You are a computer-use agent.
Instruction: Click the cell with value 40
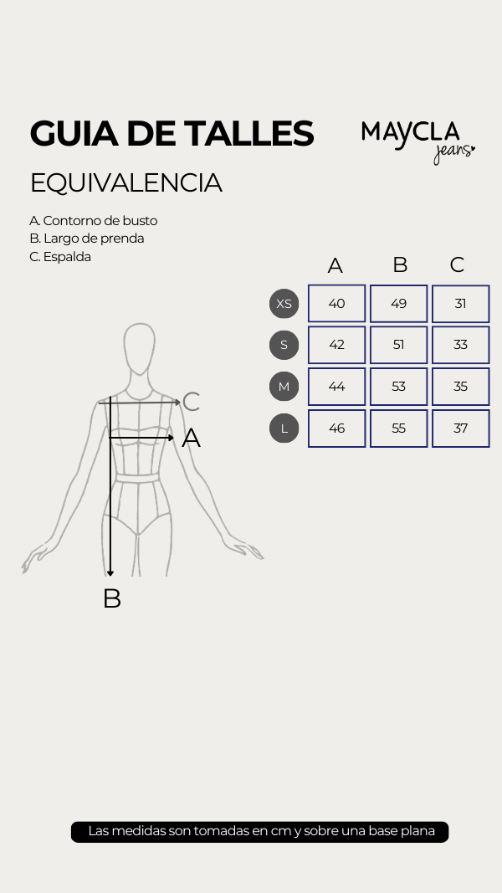pyautogui.click(x=336, y=303)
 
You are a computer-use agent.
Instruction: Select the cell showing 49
pyautogui.click(x=398, y=303)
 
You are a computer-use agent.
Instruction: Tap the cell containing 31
pyautogui.click(x=460, y=303)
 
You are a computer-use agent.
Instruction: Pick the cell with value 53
pyautogui.click(x=398, y=387)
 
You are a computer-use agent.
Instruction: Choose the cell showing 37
pyautogui.click(x=460, y=429)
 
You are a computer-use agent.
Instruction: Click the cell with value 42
pyautogui.click(x=336, y=345)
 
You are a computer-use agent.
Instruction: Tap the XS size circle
pyautogui.click(x=284, y=303)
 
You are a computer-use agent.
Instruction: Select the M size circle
pyautogui.click(x=284, y=387)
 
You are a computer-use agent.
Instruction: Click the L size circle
pyautogui.click(x=284, y=429)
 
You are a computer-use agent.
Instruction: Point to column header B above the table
pyautogui.click(x=400, y=265)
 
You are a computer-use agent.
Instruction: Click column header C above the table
pyautogui.click(x=457, y=265)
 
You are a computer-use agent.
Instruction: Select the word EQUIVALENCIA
pyautogui.click(x=125, y=182)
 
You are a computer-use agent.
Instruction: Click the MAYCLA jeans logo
pyautogui.click(x=417, y=140)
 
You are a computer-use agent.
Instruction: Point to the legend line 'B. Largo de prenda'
pyautogui.click(x=87, y=239)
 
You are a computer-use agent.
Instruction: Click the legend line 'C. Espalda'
pyautogui.click(x=60, y=257)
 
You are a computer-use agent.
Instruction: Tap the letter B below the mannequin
pyautogui.click(x=111, y=598)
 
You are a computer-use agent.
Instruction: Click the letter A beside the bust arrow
pyautogui.click(x=191, y=438)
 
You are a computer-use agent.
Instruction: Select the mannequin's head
pyautogui.click(x=139, y=347)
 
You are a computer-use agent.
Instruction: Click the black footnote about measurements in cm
pyautogui.click(x=260, y=832)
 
